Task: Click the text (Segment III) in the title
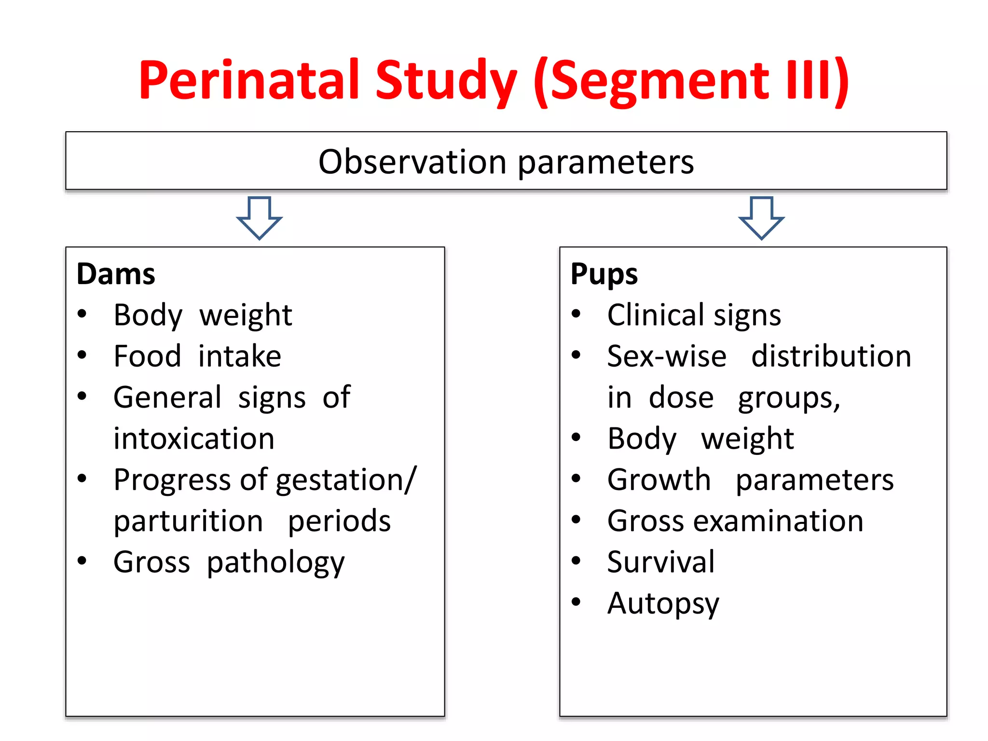pyautogui.click(x=691, y=80)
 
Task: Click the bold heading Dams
pyautogui.click(x=116, y=274)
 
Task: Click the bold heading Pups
pyautogui.click(x=604, y=274)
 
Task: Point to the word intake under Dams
pyautogui.click(x=240, y=357)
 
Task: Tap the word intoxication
pyautogui.click(x=194, y=439)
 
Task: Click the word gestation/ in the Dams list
pyautogui.click(x=346, y=480)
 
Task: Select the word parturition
pyautogui.click(x=189, y=521)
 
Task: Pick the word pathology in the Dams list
pyautogui.click(x=275, y=563)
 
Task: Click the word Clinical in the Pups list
pyautogui.click(x=656, y=315)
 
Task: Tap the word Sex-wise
pyautogui.click(x=667, y=357)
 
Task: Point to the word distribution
pyautogui.click(x=831, y=357)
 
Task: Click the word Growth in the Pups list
pyautogui.click(x=659, y=480)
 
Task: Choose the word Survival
pyautogui.click(x=660, y=562)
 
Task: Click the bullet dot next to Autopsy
pyautogui.click(x=576, y=602)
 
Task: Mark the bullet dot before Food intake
pyautogui.click(x=82, y=356)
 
